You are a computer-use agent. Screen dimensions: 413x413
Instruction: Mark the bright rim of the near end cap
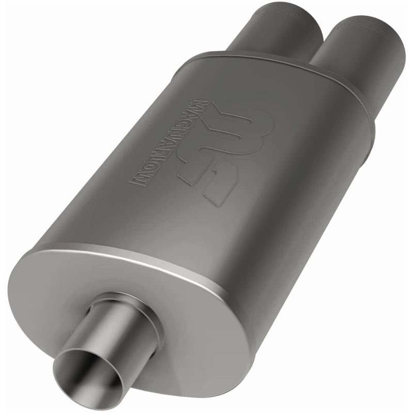155,258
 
